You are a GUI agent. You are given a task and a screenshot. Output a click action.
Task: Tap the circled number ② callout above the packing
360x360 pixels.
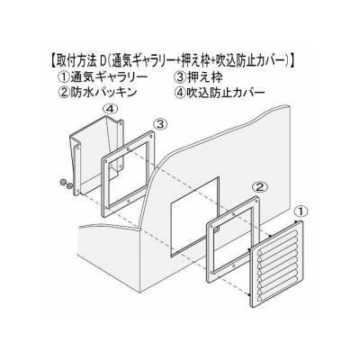(x=259, y=187)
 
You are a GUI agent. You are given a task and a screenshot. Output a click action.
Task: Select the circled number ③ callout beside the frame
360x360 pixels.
(x=160, y=123)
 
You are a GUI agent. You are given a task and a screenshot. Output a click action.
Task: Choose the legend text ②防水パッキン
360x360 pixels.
(x=99, y=92)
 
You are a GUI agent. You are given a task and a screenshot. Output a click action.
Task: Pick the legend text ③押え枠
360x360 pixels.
(x=198, y=78)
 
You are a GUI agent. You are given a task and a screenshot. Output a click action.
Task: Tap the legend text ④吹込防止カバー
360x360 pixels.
(x=220, y=92)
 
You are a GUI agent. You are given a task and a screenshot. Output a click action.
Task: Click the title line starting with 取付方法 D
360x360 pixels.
(x=172, y=61)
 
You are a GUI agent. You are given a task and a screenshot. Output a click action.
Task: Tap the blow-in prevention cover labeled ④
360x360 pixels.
(x=96, y=156)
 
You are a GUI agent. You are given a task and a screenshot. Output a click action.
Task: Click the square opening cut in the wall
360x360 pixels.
(x=195, y=217)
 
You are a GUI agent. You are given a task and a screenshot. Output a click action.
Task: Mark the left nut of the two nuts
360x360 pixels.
(x=64, y=183)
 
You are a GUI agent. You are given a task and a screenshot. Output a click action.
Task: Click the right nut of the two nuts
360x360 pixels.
(x=69, y=186)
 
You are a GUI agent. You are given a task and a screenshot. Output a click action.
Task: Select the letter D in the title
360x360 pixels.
(x=103, y=61)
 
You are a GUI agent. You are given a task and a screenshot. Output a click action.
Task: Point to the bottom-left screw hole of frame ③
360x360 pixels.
(x=107, y=208)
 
